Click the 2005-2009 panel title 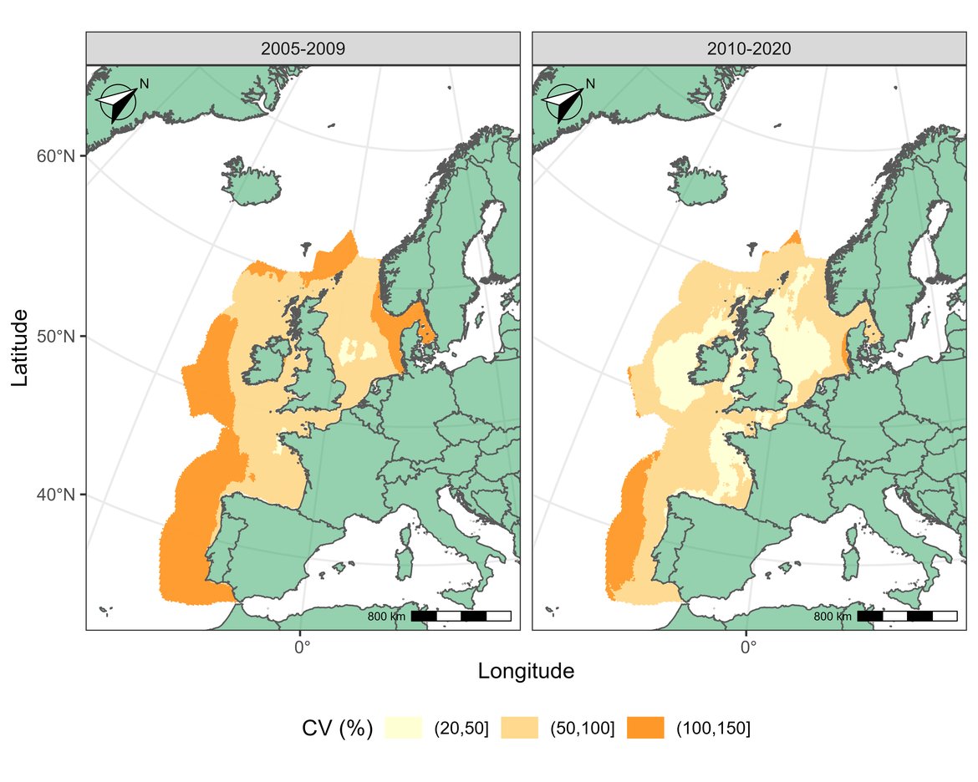[303, 48]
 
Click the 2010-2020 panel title [748, 48]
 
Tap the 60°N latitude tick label [58, 157]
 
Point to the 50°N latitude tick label [58, 337]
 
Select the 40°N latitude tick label [58, 495]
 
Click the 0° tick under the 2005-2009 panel [302, 645]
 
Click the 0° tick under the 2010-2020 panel [748, 645]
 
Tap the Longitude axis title [525, 671]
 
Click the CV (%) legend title [337, 729]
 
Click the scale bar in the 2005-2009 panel [461, 617]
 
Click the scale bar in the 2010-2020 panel [907, 617]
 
